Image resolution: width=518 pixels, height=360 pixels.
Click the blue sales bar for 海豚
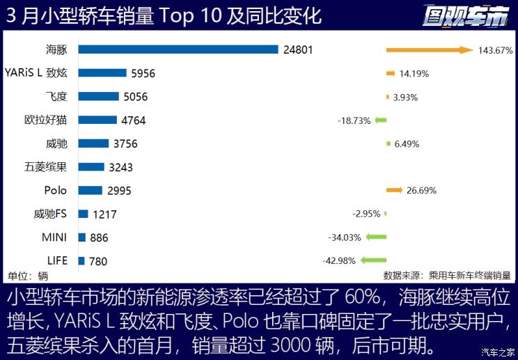(178, 49)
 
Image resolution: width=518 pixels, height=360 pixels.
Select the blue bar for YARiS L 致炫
(102, 73)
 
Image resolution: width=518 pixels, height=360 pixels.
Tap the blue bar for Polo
(91, 190)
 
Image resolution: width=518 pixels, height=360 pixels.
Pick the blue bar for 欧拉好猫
(98, 120)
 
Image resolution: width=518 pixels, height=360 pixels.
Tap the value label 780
(98, 261)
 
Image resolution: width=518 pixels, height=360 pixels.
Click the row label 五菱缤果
(45, 167)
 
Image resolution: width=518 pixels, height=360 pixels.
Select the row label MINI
(54, 237)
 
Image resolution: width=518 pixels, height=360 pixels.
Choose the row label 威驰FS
(50, 214)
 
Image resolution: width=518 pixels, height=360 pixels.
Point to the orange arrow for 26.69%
(394, 190)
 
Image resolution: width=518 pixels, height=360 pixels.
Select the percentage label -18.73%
(354, 120)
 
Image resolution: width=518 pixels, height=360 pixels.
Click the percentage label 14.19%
(414, 74)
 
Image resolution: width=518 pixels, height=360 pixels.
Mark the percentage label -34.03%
(345, 237)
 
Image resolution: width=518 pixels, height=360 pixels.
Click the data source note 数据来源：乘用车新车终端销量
(447, 275)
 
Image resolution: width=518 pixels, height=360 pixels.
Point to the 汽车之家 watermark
(499, 352)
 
